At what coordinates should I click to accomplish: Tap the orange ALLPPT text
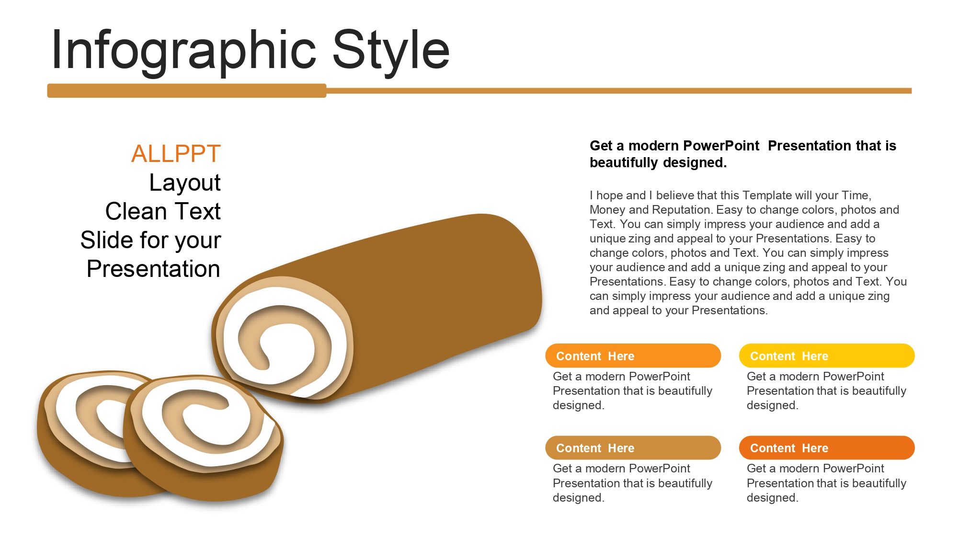pyautogui.click(x=176, y=154)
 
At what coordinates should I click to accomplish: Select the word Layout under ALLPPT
pyautogui.click(x=185, y=183)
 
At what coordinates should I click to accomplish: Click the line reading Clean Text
pyautogui.click(x=163, y=211)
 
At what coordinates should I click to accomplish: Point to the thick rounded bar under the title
pyautogui.click(x=187, y=91)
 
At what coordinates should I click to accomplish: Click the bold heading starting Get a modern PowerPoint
pyautogui.click(x=743, y=154)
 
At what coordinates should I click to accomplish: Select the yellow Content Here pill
pyautogui.click(x=827, y=356)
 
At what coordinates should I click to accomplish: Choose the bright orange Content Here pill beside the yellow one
pyautogui.click(x=633, y=356)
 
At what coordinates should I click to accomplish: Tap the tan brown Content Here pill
pyautogui.click(x=633, y=447)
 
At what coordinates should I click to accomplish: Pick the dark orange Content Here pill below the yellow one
pyautogui.click(x=827, y=447)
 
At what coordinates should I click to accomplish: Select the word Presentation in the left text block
pyautogui.click(x=153, y=269)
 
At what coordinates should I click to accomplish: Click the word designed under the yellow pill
pyautogui.click(x=772, y=405)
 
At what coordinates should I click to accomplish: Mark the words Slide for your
pyautogui.click(x=150, y=240)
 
